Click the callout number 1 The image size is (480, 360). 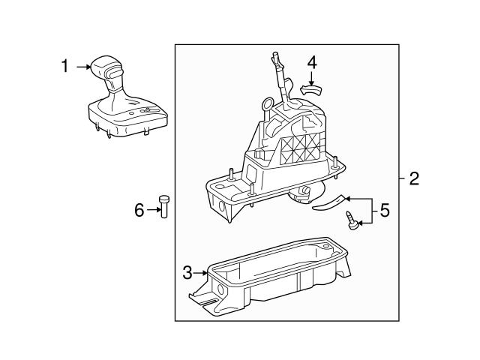click(x=65, y=66)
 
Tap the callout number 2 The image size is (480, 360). click(x=414, y=178)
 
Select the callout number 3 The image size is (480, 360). click(x=187, y=272)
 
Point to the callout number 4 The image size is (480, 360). click(x=312, y=63)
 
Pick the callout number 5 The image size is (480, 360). click(x=385, y=211)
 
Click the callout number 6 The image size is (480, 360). click(x=139, y=210)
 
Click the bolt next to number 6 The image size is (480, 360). click(x=164, y=207)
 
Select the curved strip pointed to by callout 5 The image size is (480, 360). click(x=328, y=204)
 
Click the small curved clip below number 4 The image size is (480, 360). click(x=311, y=90)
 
